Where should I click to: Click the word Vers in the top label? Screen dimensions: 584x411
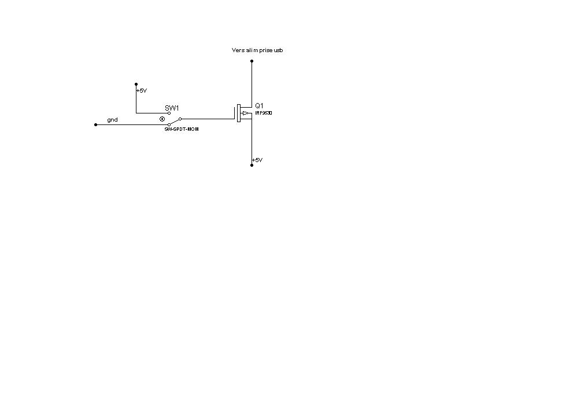[238, 50]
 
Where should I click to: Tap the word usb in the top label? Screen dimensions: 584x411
[278, 50]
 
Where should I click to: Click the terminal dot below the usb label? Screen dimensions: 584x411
[252, 61]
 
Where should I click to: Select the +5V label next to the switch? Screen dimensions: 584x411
[142, 91]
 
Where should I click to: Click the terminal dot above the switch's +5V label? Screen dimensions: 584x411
[136, 84]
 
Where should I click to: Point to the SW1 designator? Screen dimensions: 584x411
[172, 108]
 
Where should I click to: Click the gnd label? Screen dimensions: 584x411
[112, 120]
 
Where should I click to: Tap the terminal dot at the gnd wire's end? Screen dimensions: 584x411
[95, 124]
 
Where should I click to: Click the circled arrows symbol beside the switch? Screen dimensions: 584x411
[162, 119]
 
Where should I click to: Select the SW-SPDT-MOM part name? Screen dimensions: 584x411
[181, 129]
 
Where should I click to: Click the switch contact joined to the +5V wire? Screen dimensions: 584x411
[169, 113]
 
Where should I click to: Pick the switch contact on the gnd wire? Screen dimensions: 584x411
[169, 124]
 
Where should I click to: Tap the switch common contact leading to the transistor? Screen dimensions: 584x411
[180, 119]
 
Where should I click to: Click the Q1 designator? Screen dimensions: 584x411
[259, 105]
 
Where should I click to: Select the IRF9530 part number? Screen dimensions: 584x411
[264, 113]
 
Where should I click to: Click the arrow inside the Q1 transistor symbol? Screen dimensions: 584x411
[246, 113]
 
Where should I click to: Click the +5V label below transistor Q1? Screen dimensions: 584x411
[257, 160]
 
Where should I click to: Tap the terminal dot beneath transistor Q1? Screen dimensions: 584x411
[252, 165]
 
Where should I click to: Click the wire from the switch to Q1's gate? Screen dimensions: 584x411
[208, 119]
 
